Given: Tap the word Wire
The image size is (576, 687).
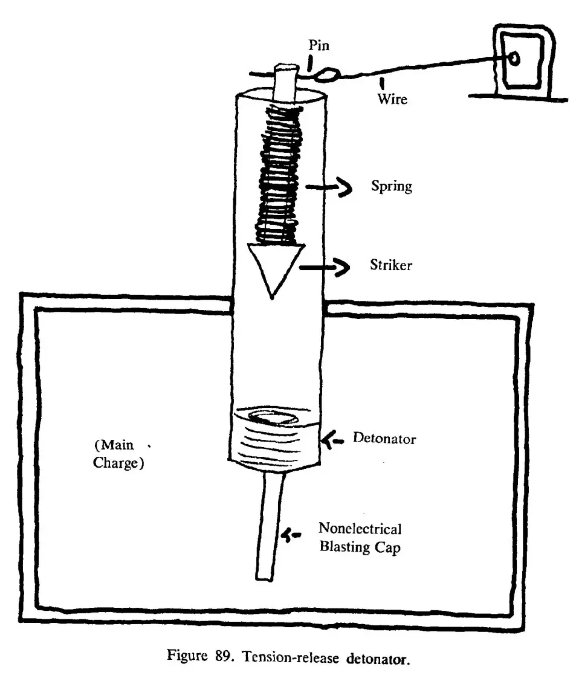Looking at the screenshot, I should [392, 98].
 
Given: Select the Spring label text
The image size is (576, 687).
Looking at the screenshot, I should [392, 186].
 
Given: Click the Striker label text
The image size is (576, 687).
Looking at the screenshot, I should [390, 265].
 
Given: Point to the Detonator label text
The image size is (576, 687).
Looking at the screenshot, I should [385, 439].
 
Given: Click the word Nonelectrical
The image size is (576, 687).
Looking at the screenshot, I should [360, 529].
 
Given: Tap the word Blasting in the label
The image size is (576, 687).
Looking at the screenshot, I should [346, 549].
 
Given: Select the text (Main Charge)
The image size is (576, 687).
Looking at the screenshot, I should [118, 456].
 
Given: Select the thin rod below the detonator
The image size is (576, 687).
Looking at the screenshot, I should [271, 526].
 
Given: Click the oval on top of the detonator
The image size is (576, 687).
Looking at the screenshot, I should [272, 416].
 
